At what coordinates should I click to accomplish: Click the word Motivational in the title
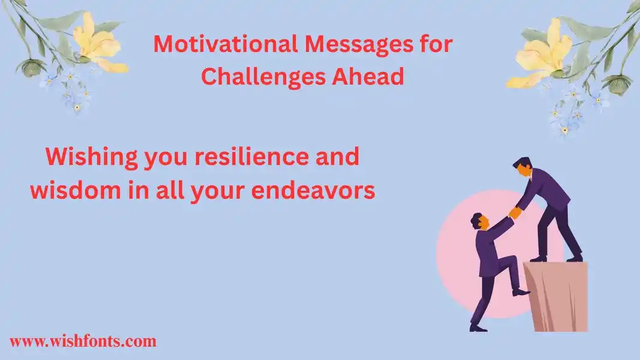(x=226, y=44)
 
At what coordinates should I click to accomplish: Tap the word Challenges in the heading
(x=263, y=77)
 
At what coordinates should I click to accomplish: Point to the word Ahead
(x=367, y=76)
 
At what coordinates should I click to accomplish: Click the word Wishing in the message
(x=92, y=158)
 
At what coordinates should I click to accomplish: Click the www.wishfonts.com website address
(x=83, y=341)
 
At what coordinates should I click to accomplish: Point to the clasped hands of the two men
(x=515, y=212)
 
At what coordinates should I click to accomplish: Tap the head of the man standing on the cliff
(x=523, y=167)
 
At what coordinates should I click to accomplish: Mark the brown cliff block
(x=557, y=296)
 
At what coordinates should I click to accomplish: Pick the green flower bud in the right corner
(x=617, y=85)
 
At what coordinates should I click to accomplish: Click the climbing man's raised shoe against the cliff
(x=521, y=292)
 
